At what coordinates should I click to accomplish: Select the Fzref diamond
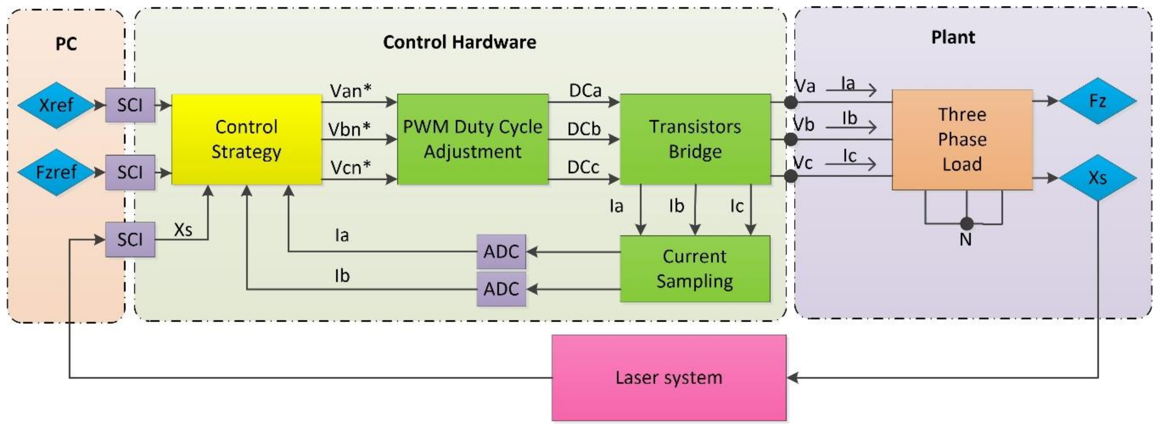56,172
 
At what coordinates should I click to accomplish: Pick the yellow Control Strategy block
247,139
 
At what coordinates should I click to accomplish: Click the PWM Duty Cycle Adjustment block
473,139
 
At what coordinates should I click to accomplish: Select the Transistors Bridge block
695,139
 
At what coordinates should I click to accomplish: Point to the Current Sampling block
695,269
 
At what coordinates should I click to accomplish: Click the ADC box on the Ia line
501,251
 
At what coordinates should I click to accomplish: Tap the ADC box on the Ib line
501,289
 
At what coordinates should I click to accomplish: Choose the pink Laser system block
669,378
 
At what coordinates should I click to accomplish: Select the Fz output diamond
1097,101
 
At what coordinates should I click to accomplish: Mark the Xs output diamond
1097,178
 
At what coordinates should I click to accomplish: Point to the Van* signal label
351,91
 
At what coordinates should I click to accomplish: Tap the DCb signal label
584,129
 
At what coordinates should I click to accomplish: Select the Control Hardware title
459,42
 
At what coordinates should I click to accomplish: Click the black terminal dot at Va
791,103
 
